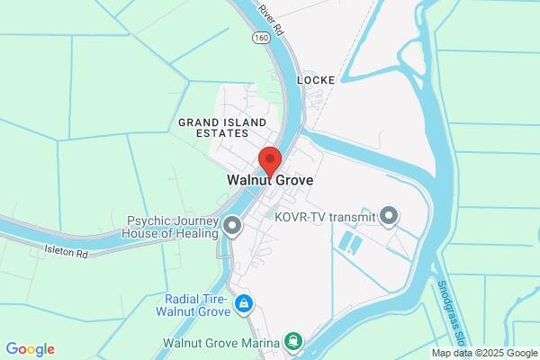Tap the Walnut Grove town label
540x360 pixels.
(x=269, y=180)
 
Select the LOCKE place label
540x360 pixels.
(x=316, y=80)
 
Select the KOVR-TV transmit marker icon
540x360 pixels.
(x=389, y=216)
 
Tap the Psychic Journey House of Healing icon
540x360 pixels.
(x=232, y=226)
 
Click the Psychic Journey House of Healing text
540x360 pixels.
(x=173, y=227)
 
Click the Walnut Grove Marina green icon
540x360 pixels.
(x=292, y=342)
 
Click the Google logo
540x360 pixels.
(x=30, y=349)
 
